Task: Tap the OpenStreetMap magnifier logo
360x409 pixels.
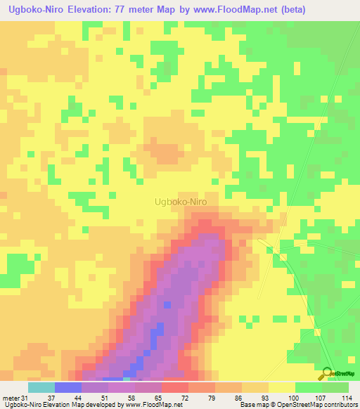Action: click(x=327, y=373)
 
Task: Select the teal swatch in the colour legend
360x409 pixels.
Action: click(x=41, y=387)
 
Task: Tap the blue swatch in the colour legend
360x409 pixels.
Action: click(x=67, y=387)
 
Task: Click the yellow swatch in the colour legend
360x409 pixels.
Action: click(x=281, y=387)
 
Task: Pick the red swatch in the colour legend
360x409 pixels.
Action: click(x=174, y=387)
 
